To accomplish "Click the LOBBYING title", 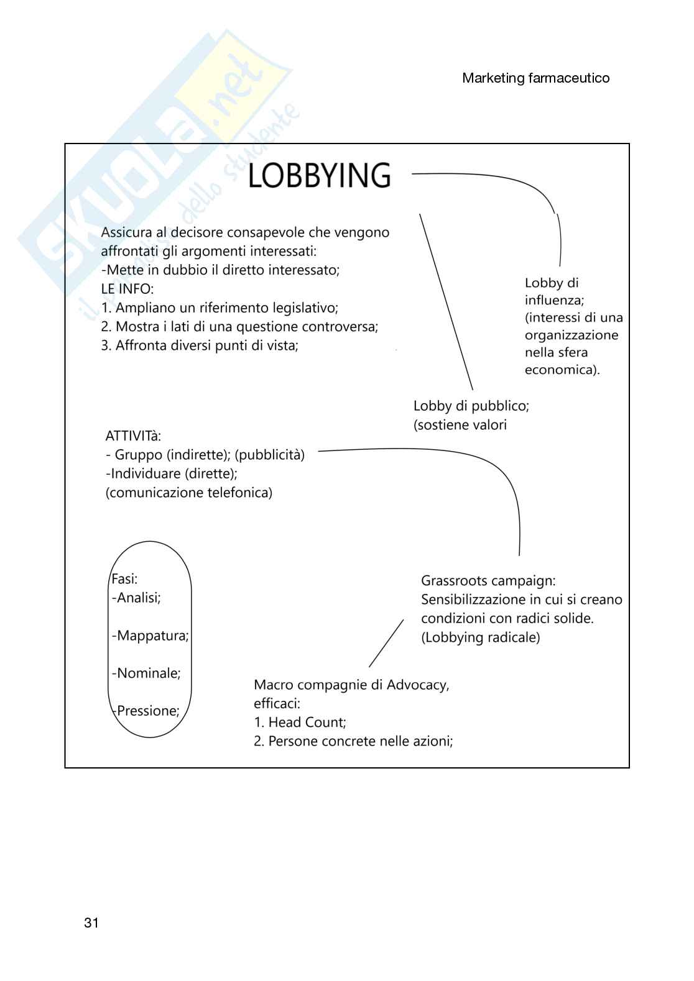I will (x=319, y=175).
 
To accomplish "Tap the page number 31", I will (x=91, y=923).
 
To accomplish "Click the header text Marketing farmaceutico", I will (x=535, y=78).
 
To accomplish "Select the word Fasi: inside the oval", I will (x=124, y=579).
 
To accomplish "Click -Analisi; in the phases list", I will (x=137, y=598).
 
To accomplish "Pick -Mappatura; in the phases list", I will (x=150, y=636).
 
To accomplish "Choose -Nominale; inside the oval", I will (x=147, y=673).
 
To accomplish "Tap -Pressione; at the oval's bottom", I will (x=147, y=711).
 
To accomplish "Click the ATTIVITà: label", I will (x=133, y=436).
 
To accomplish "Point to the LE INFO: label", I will (x=127, y=289).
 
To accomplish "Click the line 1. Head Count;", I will (x=300, y=723).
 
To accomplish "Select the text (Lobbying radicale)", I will (x=480, y=637).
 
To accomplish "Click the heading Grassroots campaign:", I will (x=488, y=581).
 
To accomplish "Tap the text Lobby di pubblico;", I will (x=471, y=406).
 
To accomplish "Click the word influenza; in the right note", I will (x=554, y=300).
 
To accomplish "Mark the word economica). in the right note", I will (x=562, y=370).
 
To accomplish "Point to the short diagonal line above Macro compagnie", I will (x=386, y=643).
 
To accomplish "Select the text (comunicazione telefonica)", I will (x=189, y=493).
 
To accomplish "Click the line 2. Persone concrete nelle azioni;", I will (x=353, y=741).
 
